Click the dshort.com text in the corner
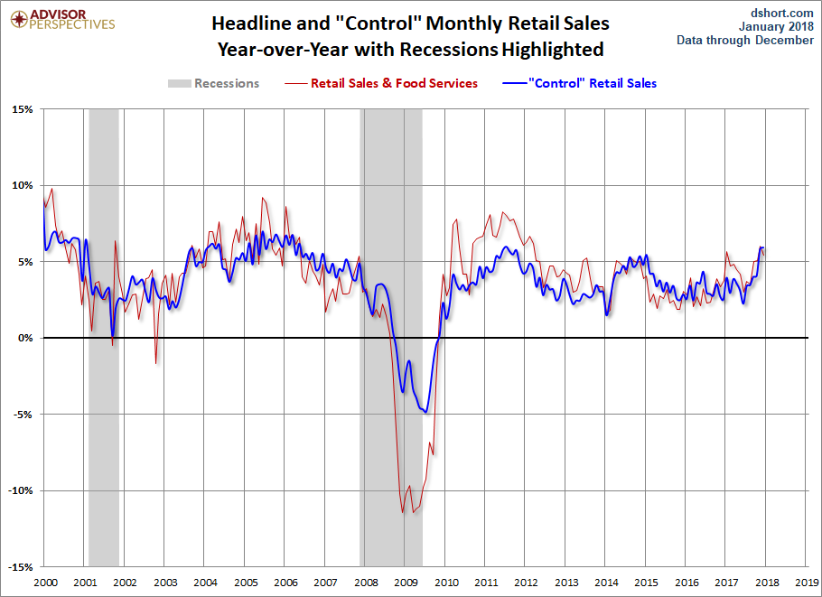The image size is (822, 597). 782,12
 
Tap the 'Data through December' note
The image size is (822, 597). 746,40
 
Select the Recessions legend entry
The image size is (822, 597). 214,83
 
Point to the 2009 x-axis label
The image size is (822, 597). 406,583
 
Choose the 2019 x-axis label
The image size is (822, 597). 807,583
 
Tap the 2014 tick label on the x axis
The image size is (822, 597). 606,583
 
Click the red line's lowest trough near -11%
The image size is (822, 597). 403,513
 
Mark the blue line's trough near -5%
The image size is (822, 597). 425,413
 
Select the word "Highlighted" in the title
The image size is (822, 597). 551,49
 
